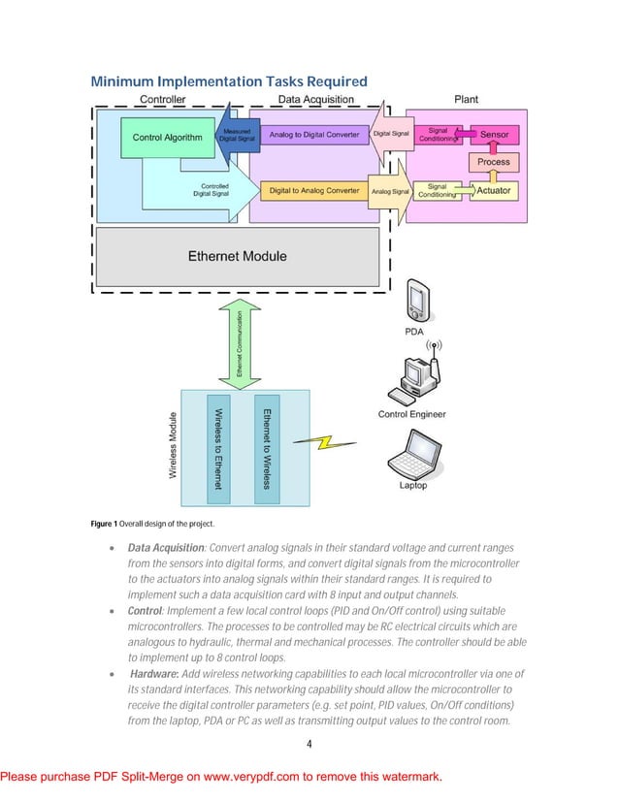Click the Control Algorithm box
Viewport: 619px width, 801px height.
pos(167,138)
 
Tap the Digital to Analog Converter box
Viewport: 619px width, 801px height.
pos(314,191)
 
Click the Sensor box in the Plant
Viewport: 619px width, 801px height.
pos(494,135)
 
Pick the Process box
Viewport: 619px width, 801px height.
pos(494,162)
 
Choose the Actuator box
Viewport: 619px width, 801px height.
pos(494,191)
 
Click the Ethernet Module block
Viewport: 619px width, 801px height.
pos(237,256)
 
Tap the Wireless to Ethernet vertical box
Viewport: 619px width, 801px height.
pos(219,447)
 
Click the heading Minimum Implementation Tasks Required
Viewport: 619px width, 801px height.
pos(229,81)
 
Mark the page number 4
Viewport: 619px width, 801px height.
pos(309,745)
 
